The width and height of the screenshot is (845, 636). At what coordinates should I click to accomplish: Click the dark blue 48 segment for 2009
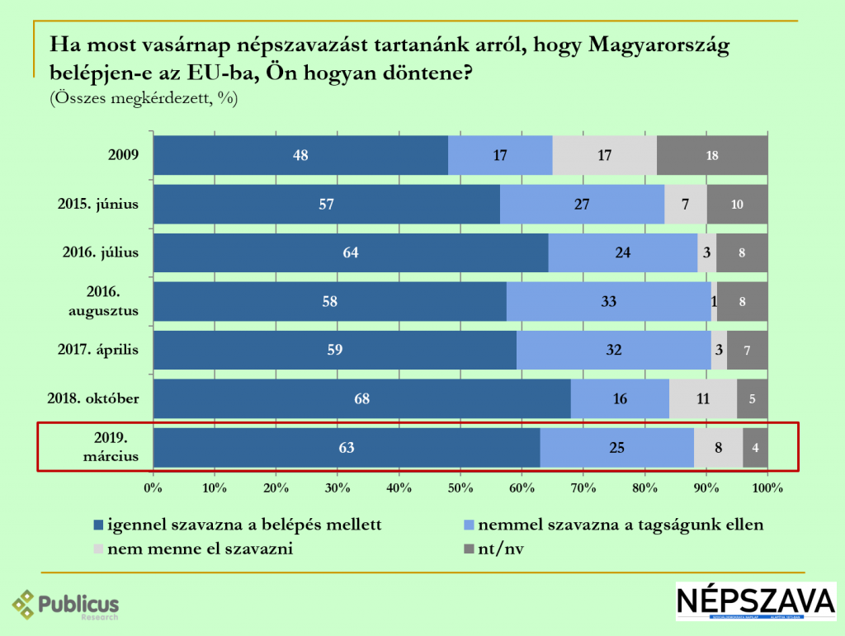300,155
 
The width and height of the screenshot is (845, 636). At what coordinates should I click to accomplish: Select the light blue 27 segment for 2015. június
582,205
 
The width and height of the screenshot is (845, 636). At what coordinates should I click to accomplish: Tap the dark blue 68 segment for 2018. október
361,399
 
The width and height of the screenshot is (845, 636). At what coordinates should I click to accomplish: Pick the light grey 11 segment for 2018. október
703,399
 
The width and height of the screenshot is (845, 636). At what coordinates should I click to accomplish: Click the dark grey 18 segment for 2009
712,155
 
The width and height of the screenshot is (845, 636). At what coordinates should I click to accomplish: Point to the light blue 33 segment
608,302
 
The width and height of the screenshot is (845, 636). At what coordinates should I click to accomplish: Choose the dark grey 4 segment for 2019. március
755,449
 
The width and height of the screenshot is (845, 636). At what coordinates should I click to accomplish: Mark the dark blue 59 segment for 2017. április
334,351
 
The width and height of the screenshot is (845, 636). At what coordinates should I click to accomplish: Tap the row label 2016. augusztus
104,302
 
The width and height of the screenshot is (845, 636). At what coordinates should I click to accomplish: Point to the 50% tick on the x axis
460,488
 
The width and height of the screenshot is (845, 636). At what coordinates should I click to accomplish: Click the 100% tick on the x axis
767,488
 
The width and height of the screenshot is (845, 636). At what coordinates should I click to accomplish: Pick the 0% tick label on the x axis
153,488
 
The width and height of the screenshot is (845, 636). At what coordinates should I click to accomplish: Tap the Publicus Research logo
66,605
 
